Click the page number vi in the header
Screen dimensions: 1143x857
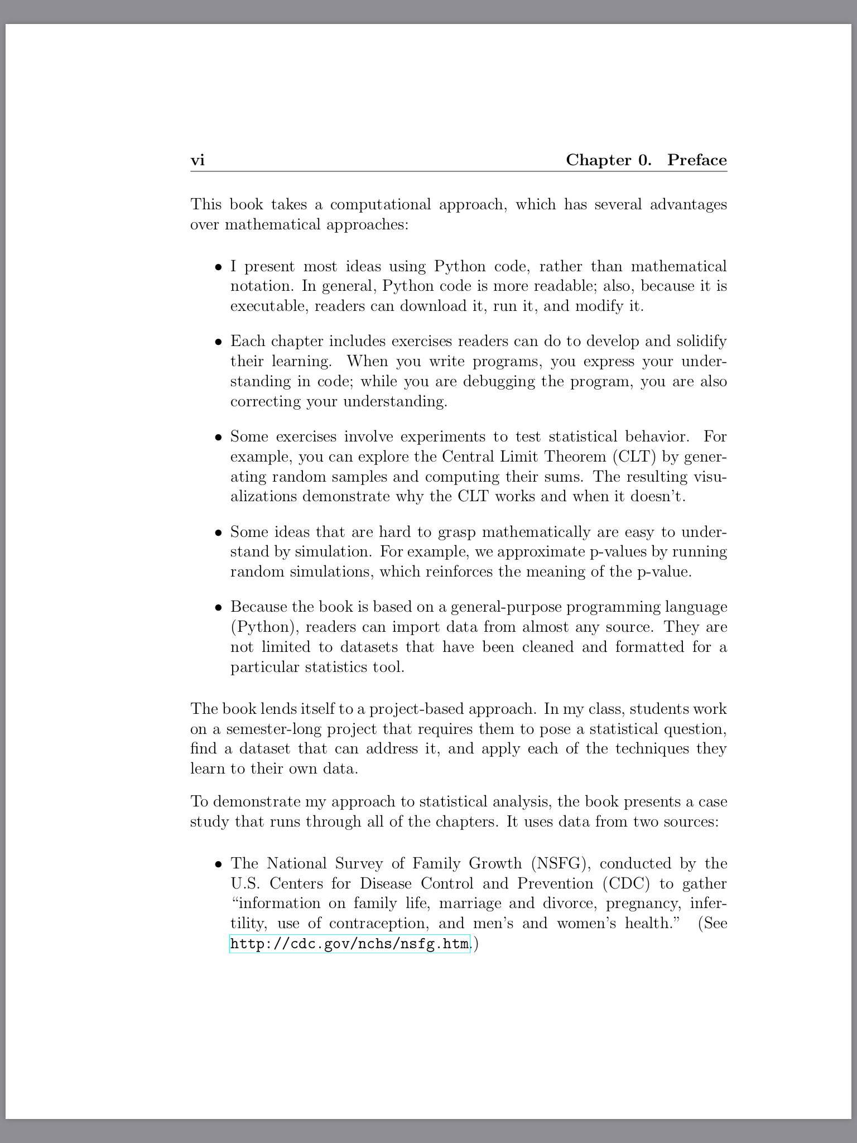point(198,161)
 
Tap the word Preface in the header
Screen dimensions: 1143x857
point(697,161)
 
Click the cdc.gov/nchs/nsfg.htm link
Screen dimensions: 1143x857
point(350,944)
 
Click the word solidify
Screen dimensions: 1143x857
point(701,341)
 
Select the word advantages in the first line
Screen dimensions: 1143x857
point(688,204)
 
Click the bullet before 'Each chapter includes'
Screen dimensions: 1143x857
point(219,342)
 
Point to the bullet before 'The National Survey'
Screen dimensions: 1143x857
point(219,865)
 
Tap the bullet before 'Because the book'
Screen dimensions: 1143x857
point(219,608)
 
